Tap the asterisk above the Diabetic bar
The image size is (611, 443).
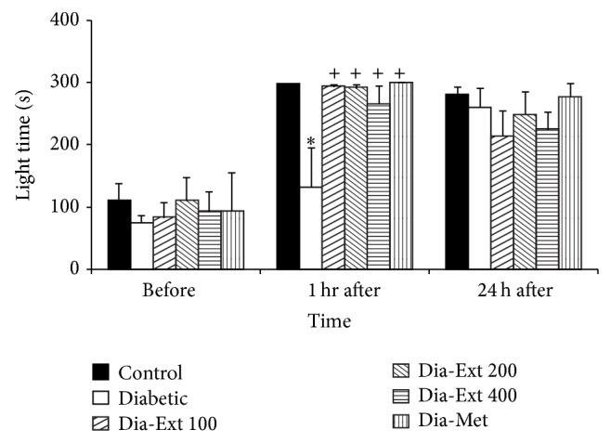point(311,142)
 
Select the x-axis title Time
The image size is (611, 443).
point(331,320)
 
